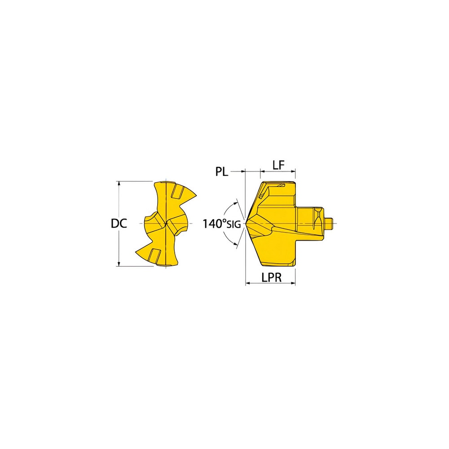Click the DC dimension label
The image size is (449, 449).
(119, 223)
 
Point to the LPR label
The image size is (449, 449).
(271, 278)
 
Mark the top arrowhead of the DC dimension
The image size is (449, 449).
(119, 184)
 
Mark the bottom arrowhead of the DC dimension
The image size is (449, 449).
(119, 264)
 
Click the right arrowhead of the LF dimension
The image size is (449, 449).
(293, 171)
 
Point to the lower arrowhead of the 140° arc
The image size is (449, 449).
(236, 245)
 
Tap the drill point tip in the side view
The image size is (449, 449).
(246, 223)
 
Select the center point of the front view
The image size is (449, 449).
(167, 223)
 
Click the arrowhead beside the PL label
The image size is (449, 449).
(243, 171)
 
